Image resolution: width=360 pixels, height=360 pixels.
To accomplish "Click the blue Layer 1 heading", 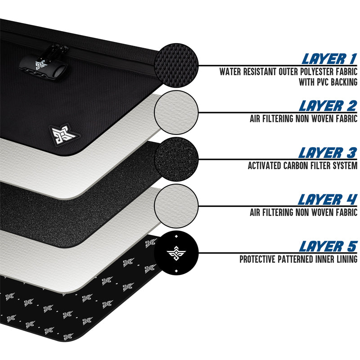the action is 329,59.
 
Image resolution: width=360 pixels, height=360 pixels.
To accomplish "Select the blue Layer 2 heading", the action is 328,106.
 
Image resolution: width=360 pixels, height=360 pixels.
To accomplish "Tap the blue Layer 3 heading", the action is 328,153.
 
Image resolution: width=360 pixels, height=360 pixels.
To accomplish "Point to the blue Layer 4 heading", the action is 328,200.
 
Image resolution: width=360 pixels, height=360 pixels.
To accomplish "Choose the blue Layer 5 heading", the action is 328,247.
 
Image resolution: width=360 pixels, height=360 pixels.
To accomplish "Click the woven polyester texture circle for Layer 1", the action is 176,65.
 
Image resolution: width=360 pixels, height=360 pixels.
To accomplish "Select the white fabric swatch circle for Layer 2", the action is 176,112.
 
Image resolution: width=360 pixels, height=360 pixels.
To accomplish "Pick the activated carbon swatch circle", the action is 176,159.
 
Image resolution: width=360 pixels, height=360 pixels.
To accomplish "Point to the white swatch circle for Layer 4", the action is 176,206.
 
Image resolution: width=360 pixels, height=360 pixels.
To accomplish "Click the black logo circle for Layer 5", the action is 176,253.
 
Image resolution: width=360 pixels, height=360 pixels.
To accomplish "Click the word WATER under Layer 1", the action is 230,72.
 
